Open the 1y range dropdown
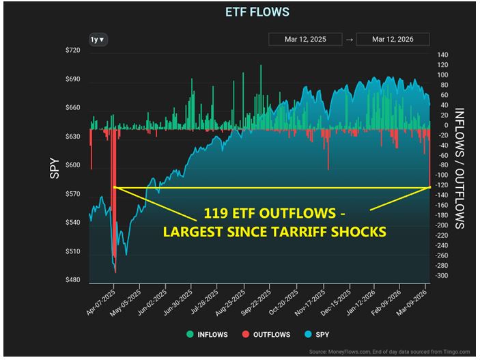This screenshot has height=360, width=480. [97, 40]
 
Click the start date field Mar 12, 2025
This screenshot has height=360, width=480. [305, 40]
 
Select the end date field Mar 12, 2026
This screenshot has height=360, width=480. [393, 40]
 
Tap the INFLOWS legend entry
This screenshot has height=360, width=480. [208, 335]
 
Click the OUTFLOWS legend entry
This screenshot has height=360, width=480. [266, 335]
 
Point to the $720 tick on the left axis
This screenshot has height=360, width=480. [73, 51]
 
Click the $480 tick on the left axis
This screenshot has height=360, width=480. [73, 281]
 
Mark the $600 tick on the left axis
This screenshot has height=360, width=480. [73, 166]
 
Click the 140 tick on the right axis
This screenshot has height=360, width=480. [443, 55]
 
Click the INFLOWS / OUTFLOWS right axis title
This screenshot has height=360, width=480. [460, 168]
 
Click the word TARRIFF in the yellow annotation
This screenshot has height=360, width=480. [306, 231]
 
